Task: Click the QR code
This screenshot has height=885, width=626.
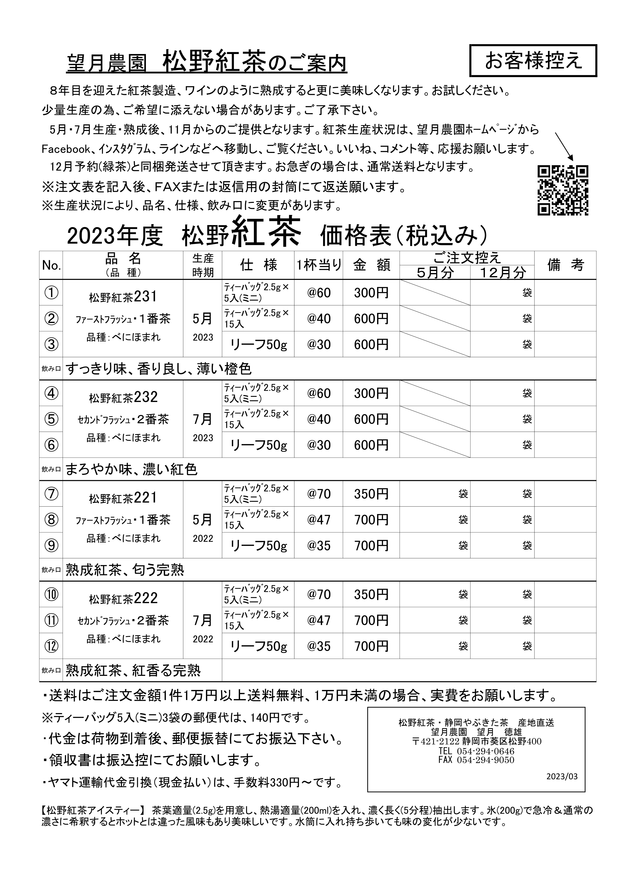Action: pos(563,191)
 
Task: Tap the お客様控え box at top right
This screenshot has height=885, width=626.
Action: pos(533,61)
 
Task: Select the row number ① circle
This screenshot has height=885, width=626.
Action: pos(51,293)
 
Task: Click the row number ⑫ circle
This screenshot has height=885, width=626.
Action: pos(51,646)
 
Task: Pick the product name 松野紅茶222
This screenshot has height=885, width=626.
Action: pos(123,599)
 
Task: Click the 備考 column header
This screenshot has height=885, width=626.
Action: pos(565,265)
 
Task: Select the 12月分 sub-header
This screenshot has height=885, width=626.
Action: pos(503,273)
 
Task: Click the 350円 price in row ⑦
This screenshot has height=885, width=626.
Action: pos(371,494)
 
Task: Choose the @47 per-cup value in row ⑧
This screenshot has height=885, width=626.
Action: pos(319,520)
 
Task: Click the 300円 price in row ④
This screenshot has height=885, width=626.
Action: pos(371,393)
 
